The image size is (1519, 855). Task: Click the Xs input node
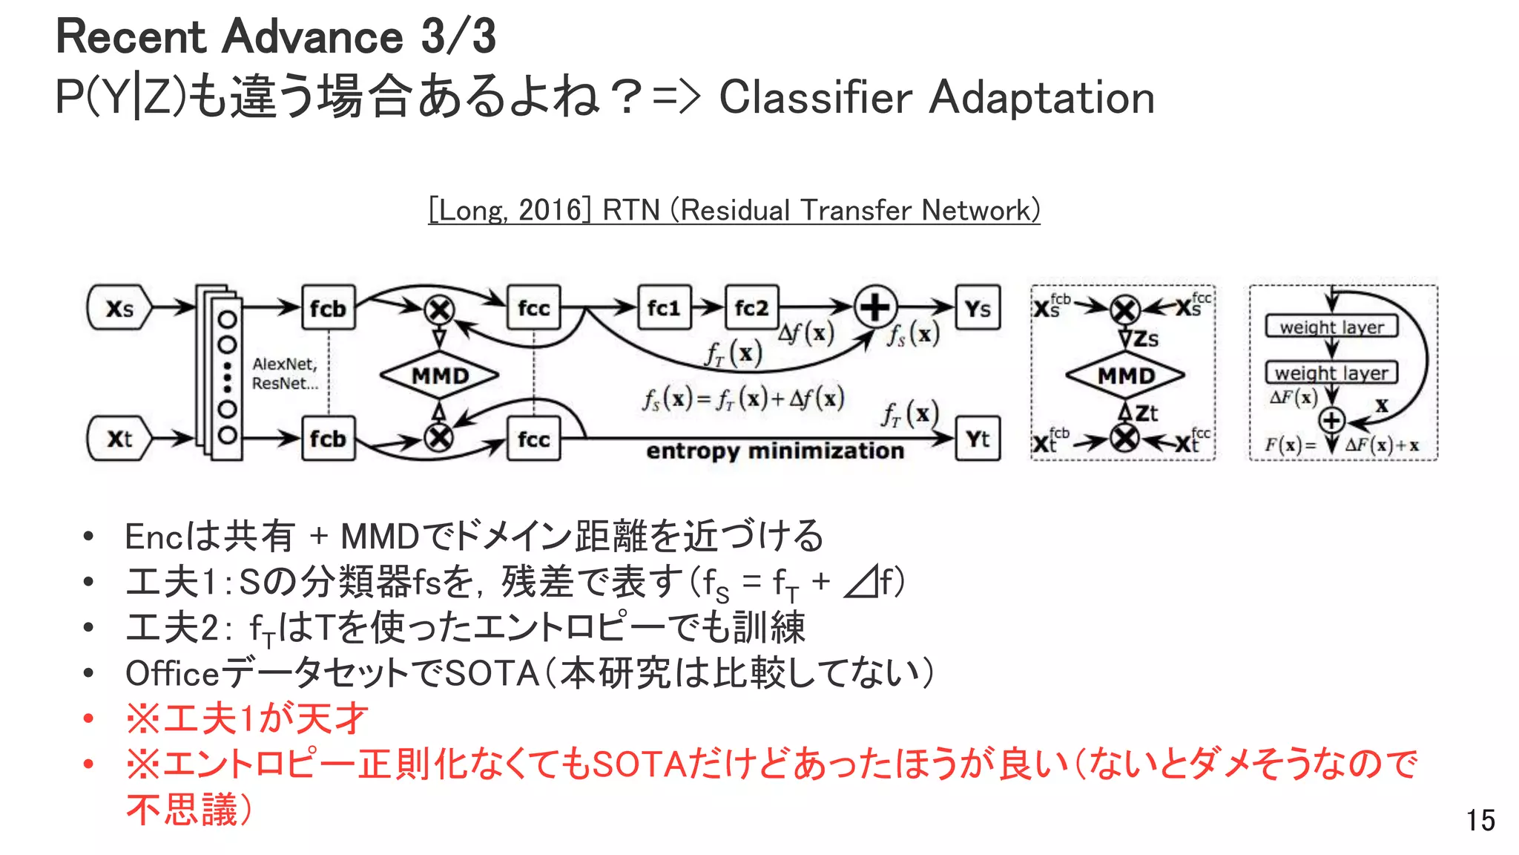click(119, 307)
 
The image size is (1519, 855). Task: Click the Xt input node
click(119, 439)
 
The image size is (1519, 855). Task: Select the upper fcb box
click(328, 307)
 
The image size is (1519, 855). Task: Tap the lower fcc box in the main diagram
click(533, 439)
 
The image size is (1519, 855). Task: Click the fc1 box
click(664, 307)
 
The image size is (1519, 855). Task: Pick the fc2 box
click(751, 307)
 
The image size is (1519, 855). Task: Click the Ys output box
click(978, 307)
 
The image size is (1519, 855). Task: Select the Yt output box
click(978, 439)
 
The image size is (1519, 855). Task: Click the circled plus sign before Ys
click(875, 307)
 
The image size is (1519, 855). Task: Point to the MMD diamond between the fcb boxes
click(440, 375)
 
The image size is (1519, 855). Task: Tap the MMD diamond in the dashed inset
click(1125, 375)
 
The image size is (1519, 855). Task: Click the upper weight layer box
click(1331, 327)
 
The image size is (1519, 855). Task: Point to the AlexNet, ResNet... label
click(285, 373)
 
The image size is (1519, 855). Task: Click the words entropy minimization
click(775, 451)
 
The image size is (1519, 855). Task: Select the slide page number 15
click(1480, 820)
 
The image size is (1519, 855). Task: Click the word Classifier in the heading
click(815, 97)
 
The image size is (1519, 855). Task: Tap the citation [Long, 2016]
click(510, 210)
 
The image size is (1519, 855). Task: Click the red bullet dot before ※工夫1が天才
click(88, 718)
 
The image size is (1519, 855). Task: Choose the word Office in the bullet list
click(172, 673)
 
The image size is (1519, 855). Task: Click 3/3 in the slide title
click(458, 36)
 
